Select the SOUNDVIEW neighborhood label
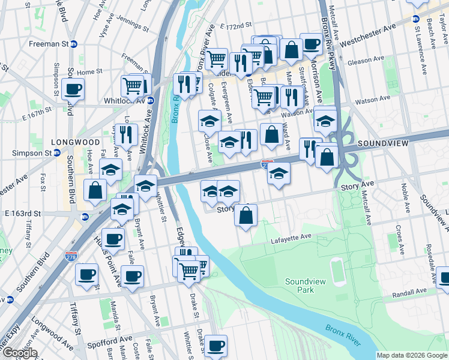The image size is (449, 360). click(383, 144)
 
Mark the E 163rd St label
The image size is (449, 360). click(22, 213)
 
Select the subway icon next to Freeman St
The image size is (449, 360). click(74, 44)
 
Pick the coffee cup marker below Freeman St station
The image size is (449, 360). click(73, 90)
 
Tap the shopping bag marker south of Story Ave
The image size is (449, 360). click(246, 215)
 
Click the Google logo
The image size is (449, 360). click(20, 353)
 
